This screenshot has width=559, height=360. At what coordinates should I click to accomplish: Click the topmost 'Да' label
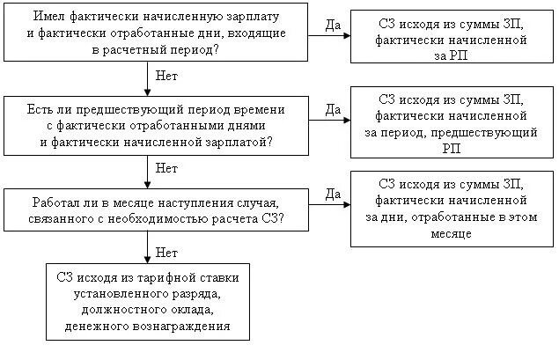click(x=333, y=26)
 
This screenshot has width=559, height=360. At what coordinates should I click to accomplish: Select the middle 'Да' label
click(x=333, y=109)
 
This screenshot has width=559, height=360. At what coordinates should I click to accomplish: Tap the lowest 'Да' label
click(x=333, y=193)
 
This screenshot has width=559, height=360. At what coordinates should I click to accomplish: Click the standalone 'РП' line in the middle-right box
click(x=452, y=149)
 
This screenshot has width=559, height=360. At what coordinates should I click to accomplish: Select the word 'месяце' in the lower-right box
click(x=452, y=235)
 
